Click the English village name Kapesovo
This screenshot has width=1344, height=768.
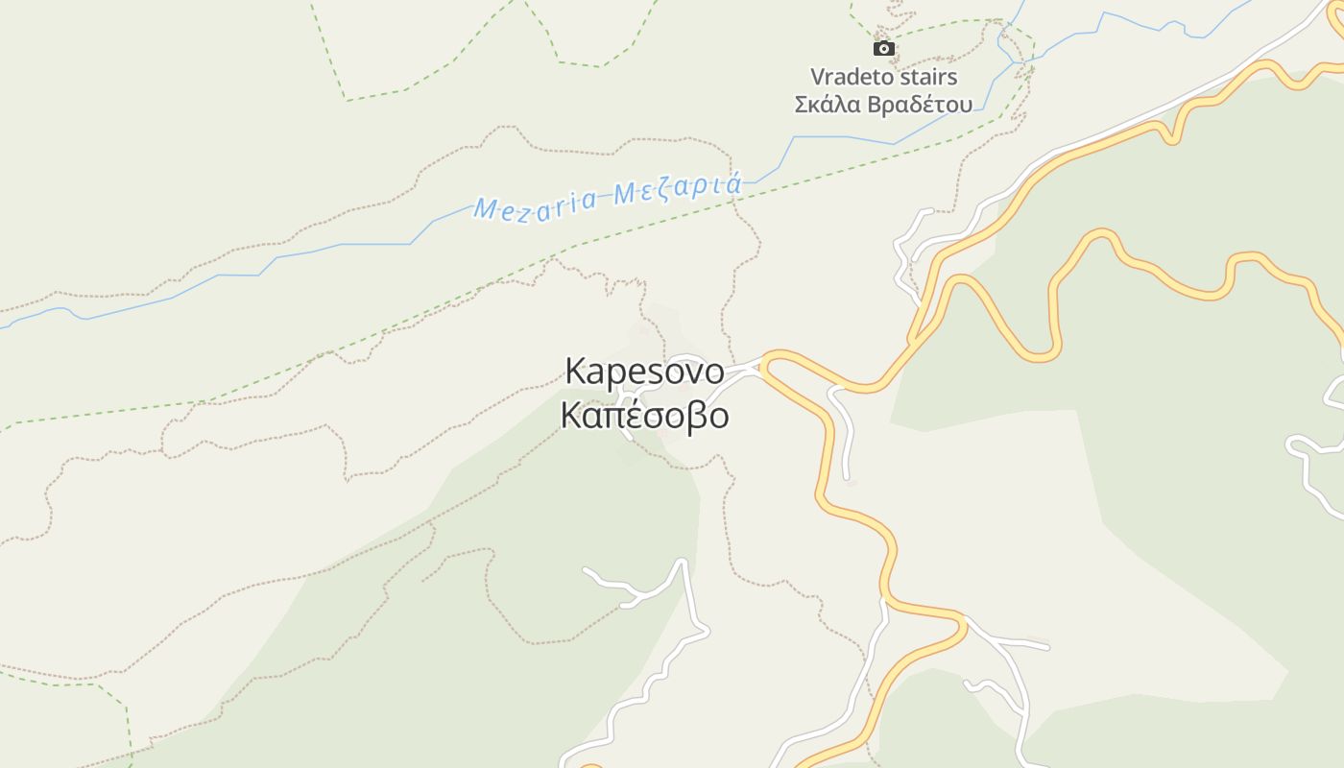(x=644, y=371)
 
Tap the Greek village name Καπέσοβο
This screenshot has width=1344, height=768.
(x=644, y=416)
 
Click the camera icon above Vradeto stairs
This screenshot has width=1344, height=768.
(x=883, y=48)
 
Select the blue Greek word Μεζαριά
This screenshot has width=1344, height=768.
(x=678, y=188)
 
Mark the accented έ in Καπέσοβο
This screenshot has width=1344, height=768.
(x=642, y=415)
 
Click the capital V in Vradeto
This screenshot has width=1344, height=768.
(x=818, y=77)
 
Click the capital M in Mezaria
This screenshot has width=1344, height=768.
(x=486, y=209)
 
